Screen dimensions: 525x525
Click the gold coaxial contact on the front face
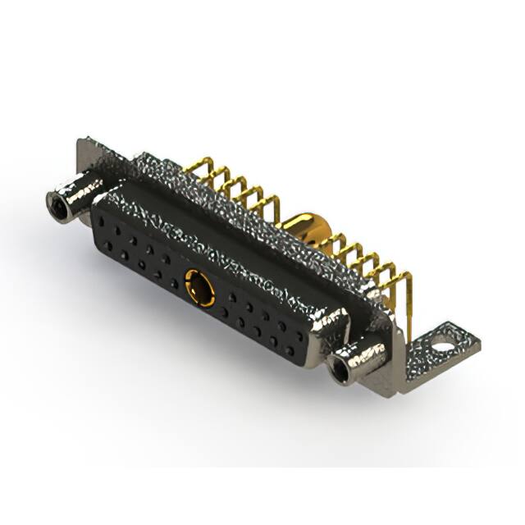pos(199,288)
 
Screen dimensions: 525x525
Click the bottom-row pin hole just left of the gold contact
pos(174,283)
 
